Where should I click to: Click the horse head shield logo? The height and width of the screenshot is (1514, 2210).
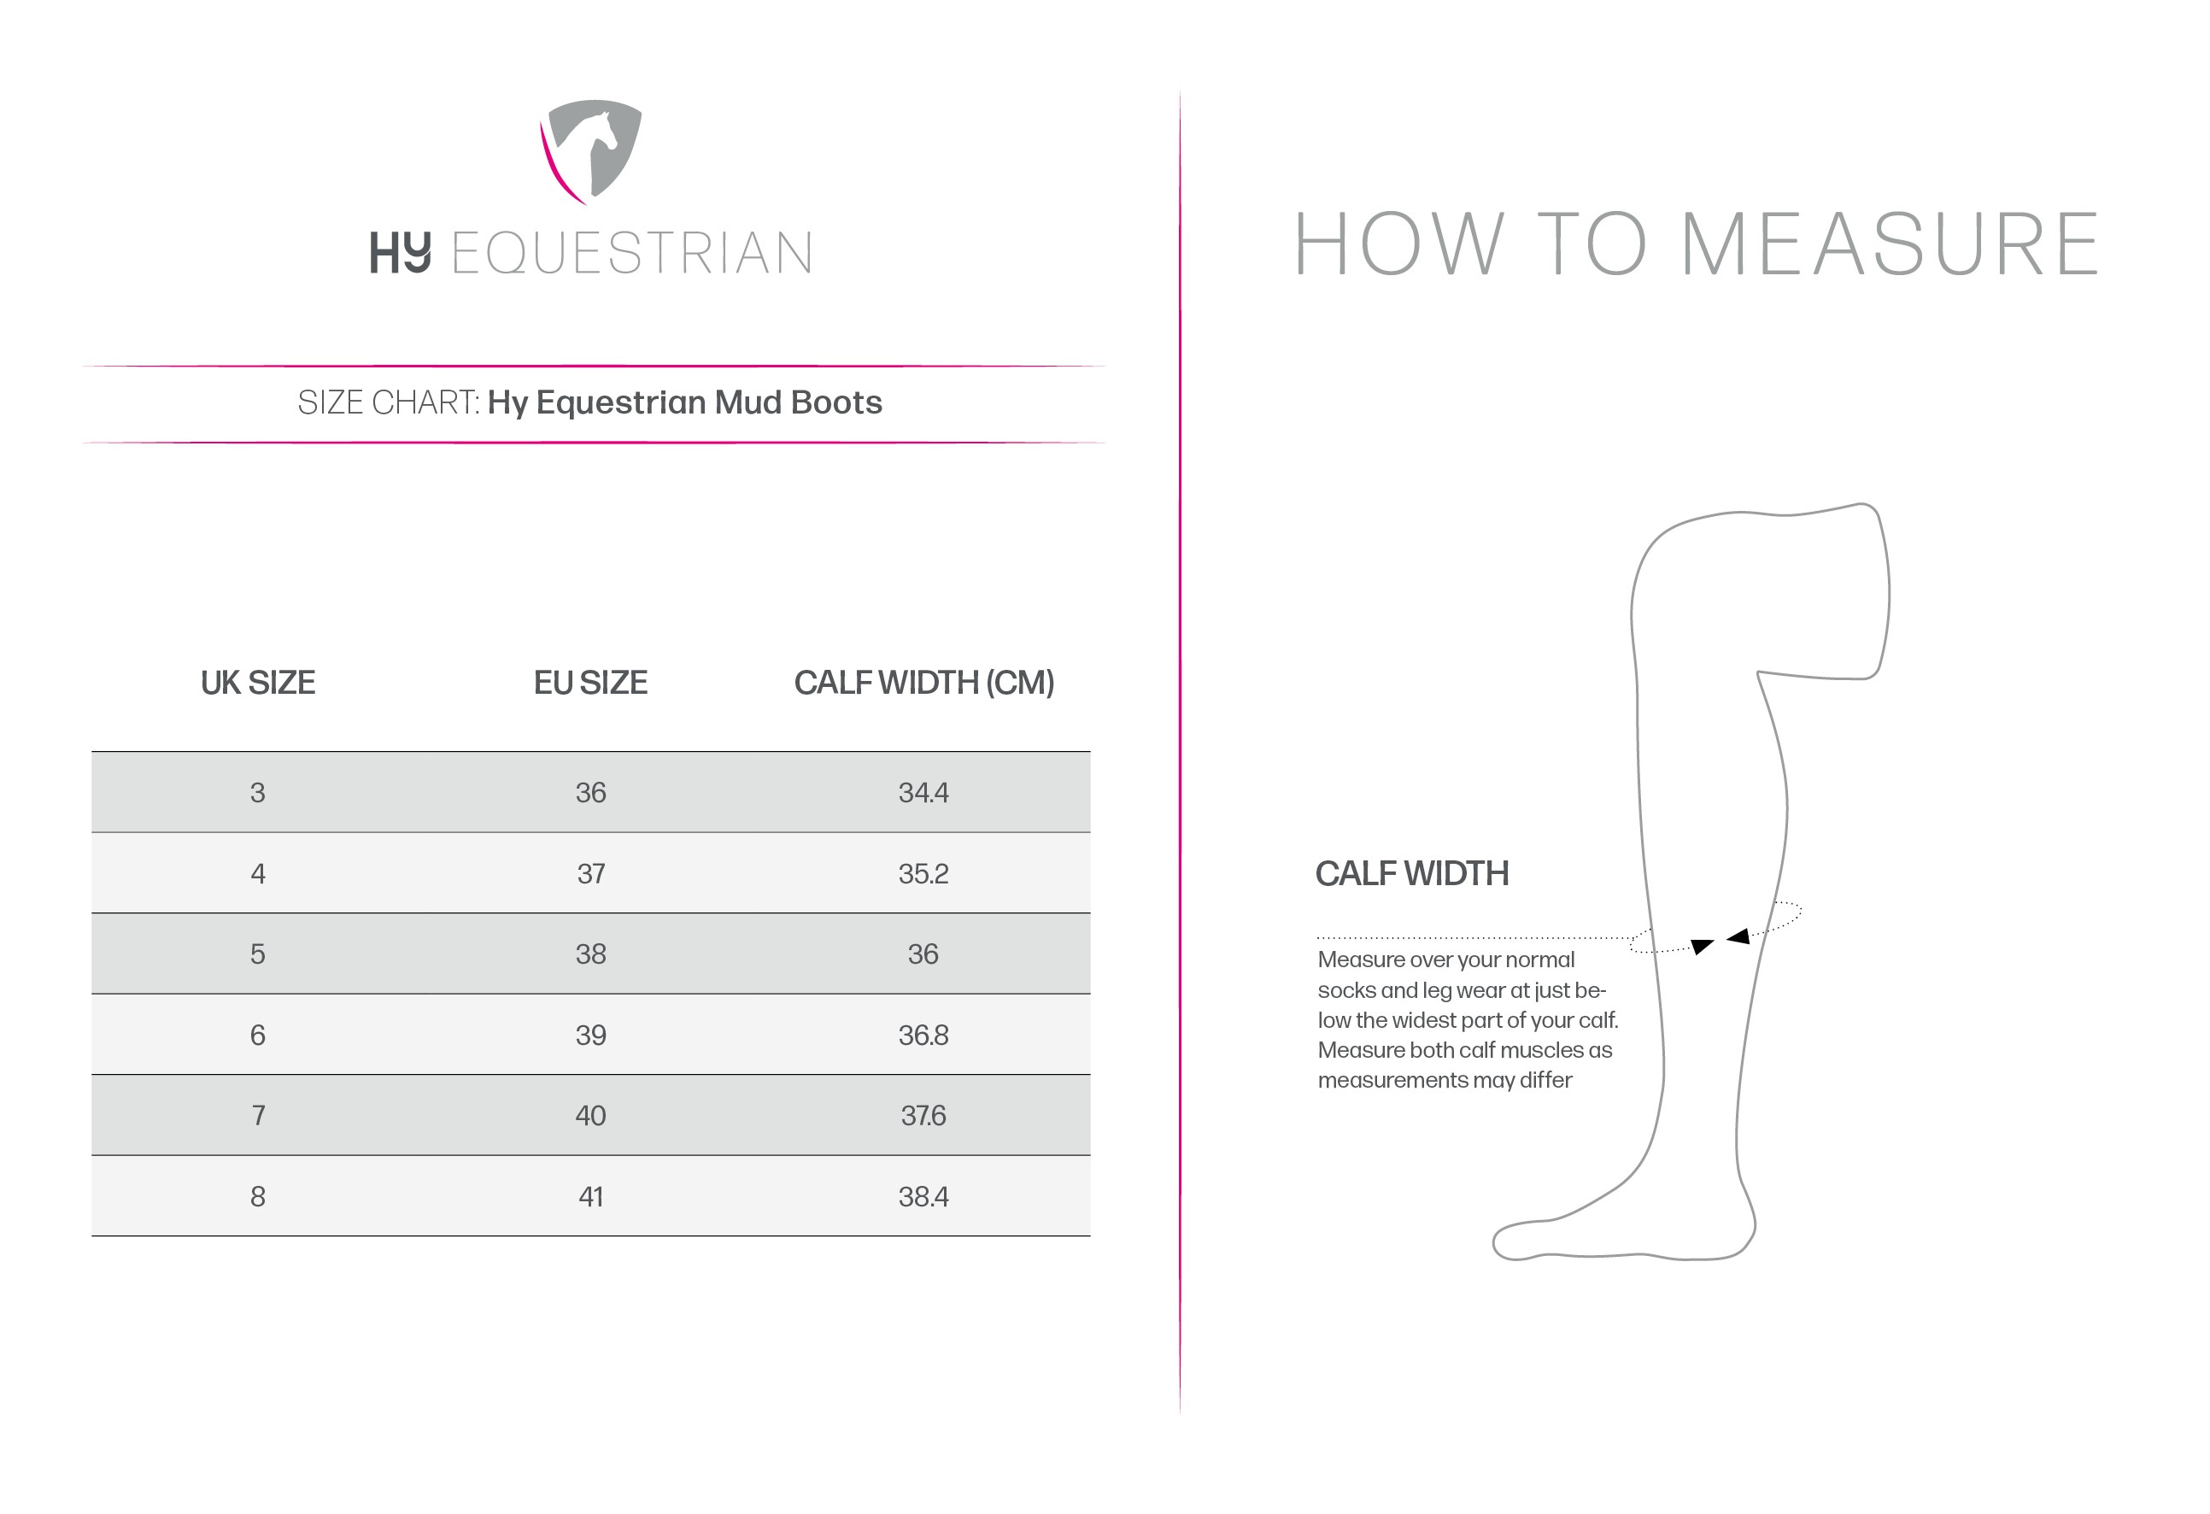(590, 151)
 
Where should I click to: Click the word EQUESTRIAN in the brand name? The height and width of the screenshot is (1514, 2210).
(631, 253)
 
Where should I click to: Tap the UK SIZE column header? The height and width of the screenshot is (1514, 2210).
(258, 683)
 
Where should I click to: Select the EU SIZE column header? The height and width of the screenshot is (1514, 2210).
(590, 683)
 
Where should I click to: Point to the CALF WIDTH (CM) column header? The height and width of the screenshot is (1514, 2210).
(923, 683)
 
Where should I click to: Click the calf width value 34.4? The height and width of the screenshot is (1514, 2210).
(923, 792)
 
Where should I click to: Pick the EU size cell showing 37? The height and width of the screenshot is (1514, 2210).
(590, 873)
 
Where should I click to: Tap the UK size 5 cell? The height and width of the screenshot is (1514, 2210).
(258, 954)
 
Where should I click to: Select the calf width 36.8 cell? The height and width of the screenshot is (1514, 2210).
(923, 1035)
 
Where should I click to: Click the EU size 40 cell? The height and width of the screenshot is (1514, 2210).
(590, 1116)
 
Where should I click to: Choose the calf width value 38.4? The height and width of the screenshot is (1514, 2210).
(923, 1196)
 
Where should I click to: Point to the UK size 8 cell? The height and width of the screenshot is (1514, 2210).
(258, 1196)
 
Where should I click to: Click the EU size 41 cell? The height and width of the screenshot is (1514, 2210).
(590, 1196)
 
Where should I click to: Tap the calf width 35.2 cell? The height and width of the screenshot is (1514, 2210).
(923, 873)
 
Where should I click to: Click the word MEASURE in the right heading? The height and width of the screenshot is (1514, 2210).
(1890, 244)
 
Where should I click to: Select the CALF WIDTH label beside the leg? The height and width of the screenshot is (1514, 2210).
(1411, 873)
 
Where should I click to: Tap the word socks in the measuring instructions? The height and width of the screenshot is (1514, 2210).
(1345, 990)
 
